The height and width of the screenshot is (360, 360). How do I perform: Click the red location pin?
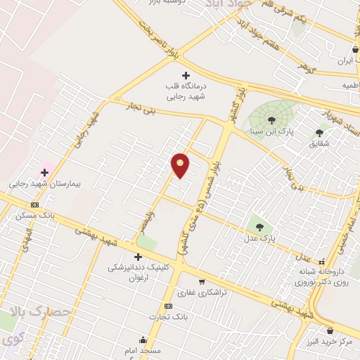[180, 165]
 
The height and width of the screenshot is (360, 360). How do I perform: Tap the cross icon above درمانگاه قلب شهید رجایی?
[186, 75]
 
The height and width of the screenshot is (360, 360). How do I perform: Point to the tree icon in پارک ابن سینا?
[272, 120]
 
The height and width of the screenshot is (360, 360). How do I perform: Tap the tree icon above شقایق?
[320, 132]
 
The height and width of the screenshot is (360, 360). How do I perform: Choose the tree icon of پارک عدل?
[259, 227]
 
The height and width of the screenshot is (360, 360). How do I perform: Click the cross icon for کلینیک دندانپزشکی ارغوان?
[139, 257]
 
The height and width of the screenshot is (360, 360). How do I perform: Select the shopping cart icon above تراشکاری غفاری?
[202, 281]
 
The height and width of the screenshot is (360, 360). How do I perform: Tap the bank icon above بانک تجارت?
[168, 307]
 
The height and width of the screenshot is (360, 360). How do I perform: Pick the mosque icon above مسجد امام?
[143, 339]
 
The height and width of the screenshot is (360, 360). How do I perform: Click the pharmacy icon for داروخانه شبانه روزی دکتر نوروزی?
[321, 262]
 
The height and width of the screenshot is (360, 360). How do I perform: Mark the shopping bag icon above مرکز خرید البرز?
[330, 330]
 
